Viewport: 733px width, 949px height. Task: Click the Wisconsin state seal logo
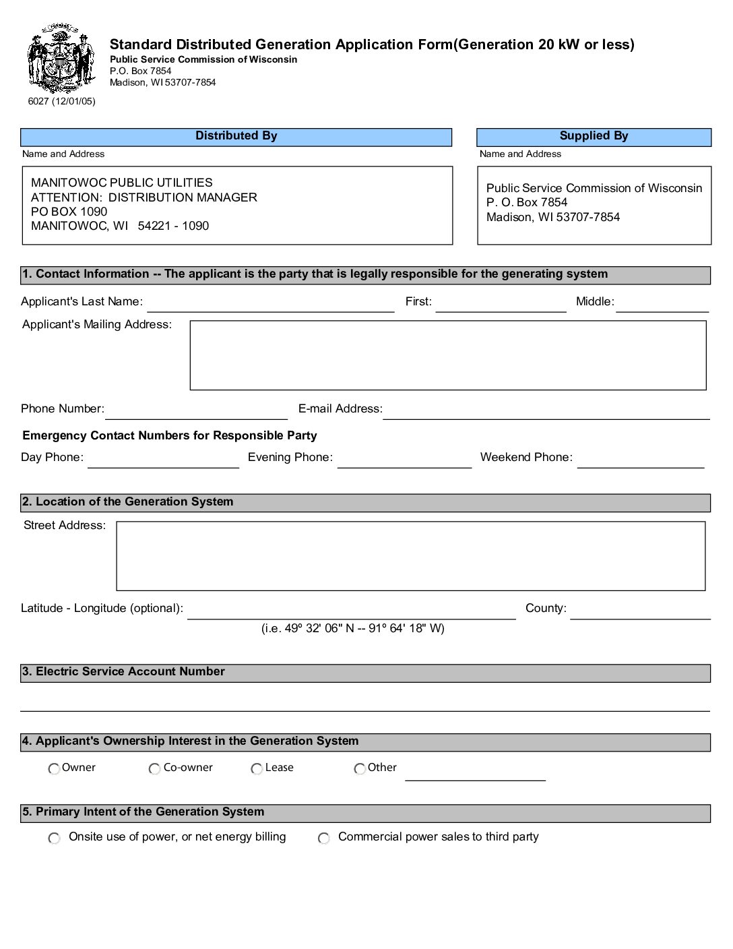[59, 58]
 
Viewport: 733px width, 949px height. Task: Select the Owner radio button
[54, 769]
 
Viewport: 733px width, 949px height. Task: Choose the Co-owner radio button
[154, 769]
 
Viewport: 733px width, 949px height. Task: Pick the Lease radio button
[257, 769]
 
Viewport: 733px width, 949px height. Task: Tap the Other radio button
[360, 769]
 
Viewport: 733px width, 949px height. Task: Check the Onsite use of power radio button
[54, 838]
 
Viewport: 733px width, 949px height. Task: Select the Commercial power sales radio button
[324, 838]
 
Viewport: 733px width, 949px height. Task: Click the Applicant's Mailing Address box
[448, 355]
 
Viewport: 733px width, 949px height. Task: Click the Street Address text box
[411, 556]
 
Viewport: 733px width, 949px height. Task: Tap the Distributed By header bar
[236, 137]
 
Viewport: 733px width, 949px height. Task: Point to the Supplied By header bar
[594, 137]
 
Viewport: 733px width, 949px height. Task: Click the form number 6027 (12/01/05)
[61, 102]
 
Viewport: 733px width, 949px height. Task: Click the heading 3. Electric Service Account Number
[123, 672]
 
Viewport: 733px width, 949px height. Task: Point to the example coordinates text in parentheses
[353, 629]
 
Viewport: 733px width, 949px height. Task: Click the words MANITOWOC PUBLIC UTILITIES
[122, 183]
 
